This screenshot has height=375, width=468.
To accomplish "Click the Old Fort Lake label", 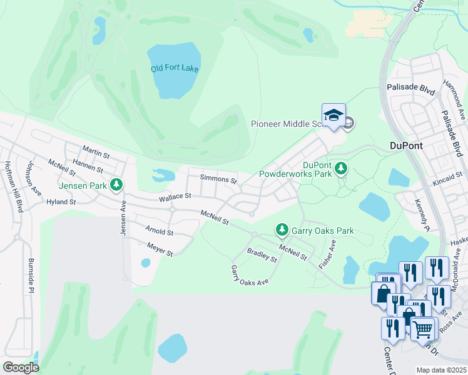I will click(x=175, y=68).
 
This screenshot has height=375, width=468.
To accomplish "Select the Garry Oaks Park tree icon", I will click(x=282, y=231).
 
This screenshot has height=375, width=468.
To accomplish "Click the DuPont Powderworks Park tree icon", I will click(x=341, y=168).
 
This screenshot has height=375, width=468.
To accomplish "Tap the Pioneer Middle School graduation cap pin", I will click(x=333, y=116).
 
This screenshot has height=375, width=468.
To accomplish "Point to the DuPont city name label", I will click(x=406, y=146).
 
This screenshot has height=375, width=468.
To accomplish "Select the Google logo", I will click(x=21, y=367).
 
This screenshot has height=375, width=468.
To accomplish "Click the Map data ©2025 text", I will click(x=442, y=370).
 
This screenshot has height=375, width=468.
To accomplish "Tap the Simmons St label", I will click(x=218, y=179).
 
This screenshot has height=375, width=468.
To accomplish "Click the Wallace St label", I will click(x=175, y=197).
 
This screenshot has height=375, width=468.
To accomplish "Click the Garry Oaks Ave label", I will click(x=249, y=275).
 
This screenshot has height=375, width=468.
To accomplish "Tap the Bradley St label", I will click(x=262, y=255).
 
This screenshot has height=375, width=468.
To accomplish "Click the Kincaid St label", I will click(x=447, y=181).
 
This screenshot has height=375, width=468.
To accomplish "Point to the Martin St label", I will click(x=96, y=151).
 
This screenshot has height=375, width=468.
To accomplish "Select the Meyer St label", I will click(x=160, y=250).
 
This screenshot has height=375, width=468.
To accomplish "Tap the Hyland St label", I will click(x=61, y=202).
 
